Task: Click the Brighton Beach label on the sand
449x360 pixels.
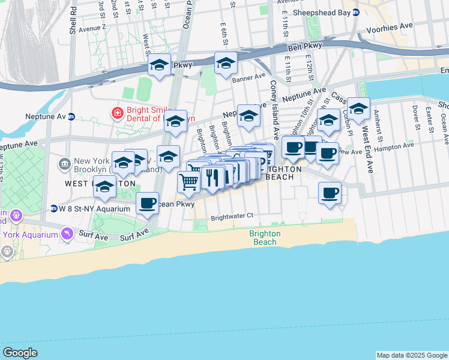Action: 264,238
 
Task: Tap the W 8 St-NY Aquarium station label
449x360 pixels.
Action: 94,209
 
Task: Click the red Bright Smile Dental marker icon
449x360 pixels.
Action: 116,112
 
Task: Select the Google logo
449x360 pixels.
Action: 20,353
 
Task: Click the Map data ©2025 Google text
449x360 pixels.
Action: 411,355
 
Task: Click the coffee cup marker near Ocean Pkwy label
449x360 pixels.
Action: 148,202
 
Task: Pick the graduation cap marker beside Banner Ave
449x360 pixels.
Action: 226,62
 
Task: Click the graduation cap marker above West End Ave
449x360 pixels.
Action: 358,108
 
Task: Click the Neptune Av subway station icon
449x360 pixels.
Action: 71,116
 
